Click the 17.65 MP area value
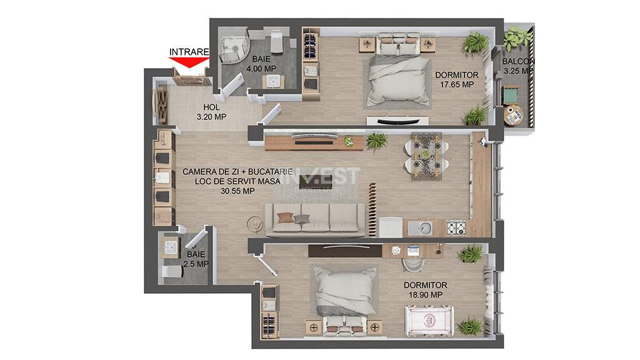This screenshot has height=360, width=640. (456, 84)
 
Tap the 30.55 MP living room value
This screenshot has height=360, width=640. (237, 191)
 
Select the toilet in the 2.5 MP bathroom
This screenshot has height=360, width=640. (171, 272)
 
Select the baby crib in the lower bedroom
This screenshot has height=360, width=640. (431, 319)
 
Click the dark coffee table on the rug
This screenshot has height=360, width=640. (310, 181)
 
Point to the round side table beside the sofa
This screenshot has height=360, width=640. (256, 222)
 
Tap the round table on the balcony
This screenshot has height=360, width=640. (514, 115)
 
